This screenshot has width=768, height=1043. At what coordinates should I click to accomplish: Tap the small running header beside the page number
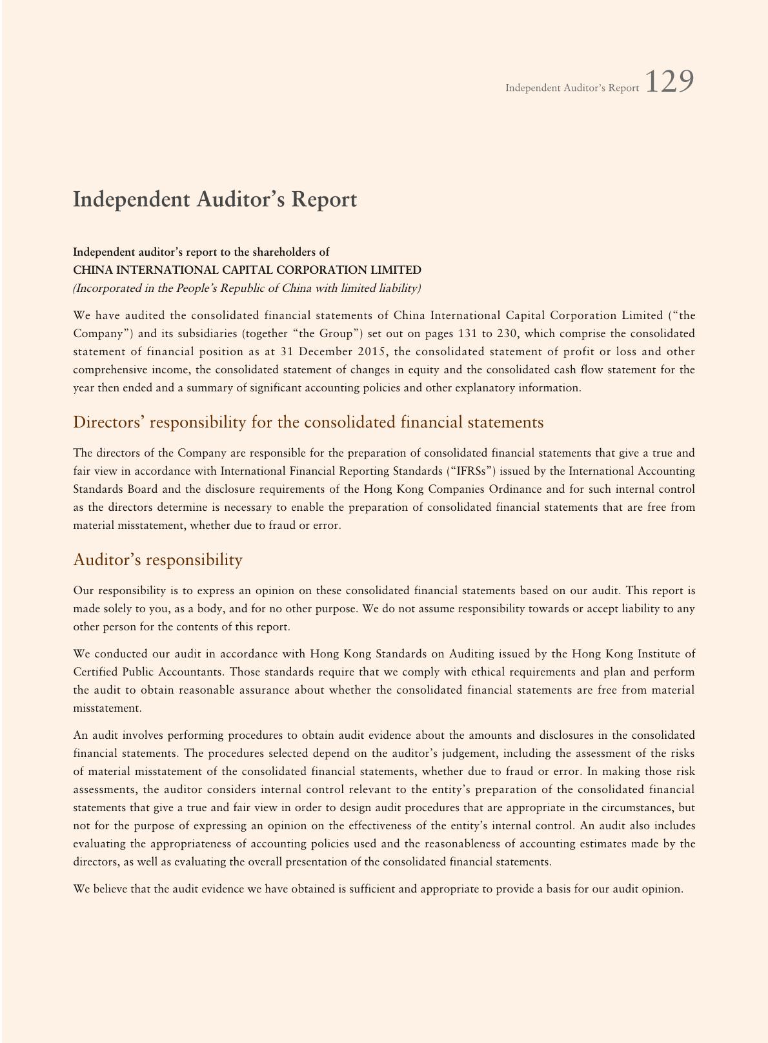coord(572,88)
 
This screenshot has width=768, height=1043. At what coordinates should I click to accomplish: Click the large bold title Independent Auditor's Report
coord(215,200)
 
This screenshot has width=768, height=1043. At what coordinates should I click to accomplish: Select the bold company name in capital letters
coord(247,270)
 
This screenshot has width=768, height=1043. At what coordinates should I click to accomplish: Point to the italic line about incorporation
coord(247,288)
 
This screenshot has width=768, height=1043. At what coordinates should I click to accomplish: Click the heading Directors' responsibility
coord(308,422)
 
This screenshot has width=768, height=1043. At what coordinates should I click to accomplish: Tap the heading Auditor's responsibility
coord(158,559)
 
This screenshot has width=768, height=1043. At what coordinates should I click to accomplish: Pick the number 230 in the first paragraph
coord(508,334)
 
